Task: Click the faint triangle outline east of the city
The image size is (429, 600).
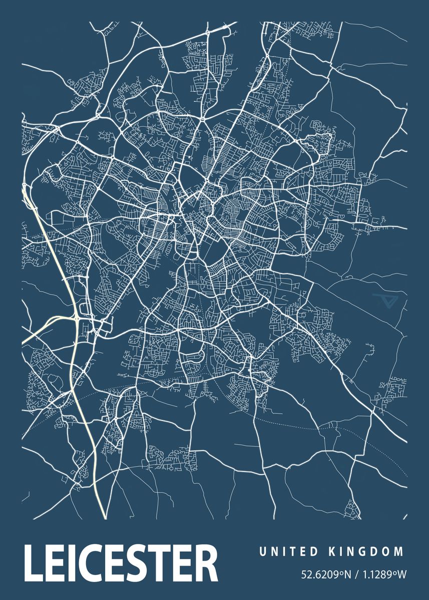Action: click(x=384, y=301)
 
